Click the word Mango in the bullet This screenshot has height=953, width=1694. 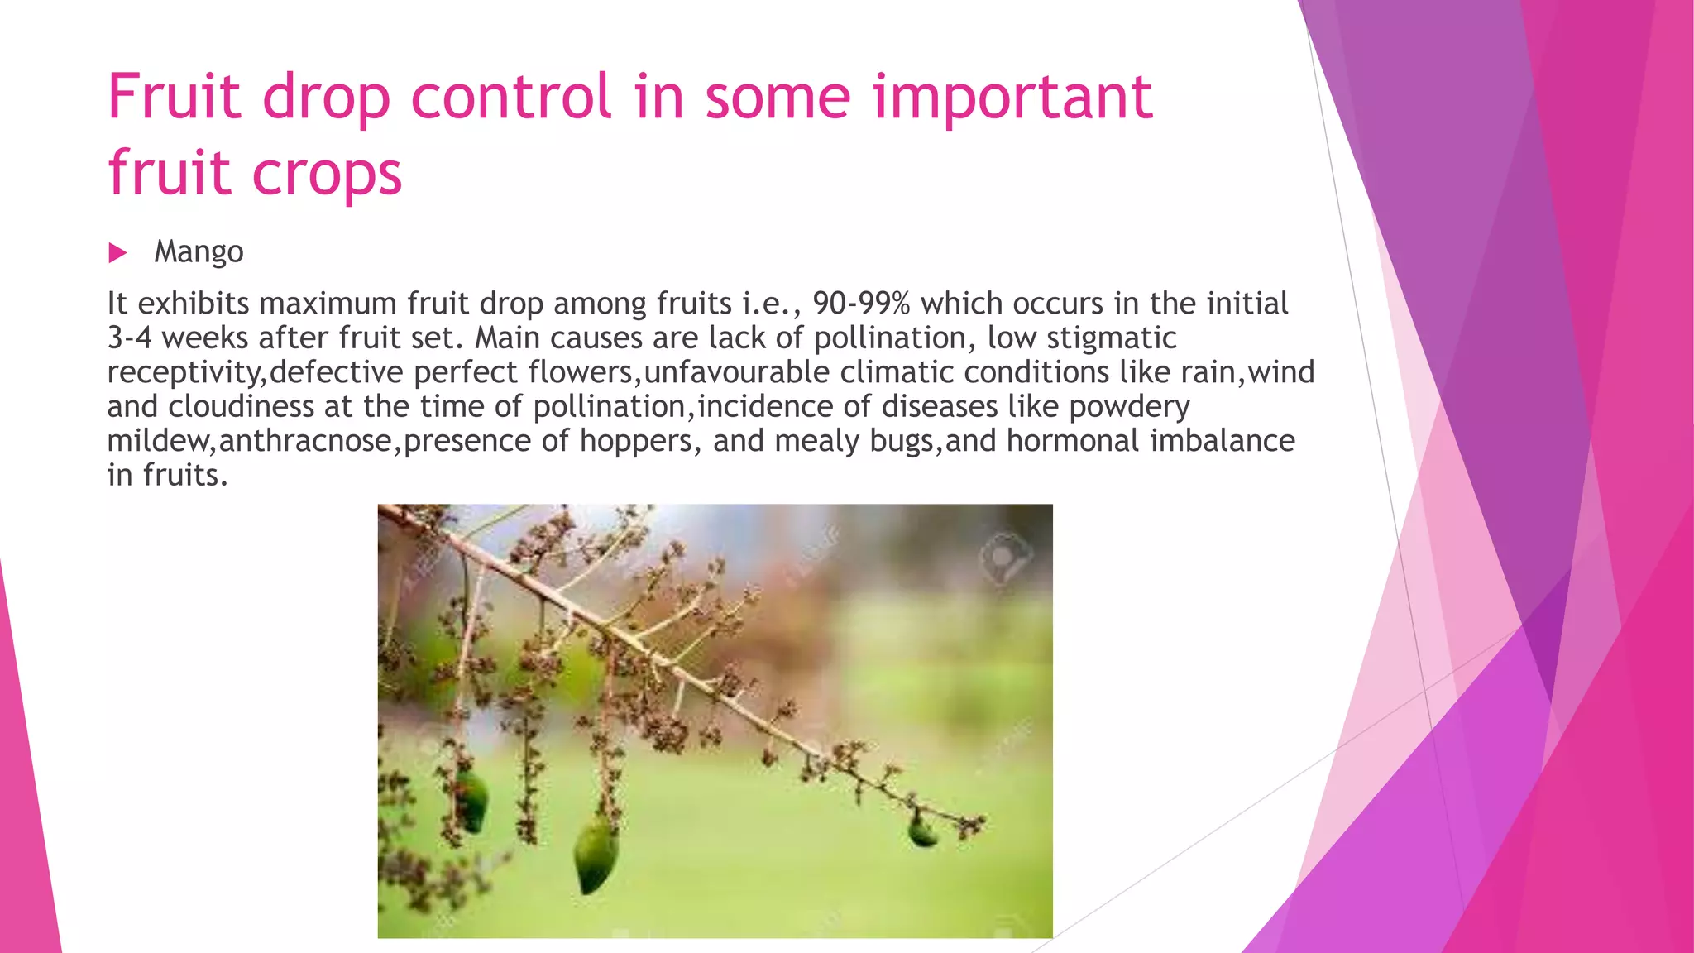[199, 251]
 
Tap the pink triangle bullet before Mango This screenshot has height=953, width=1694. [117, 252]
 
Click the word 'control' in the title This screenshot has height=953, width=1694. [510, 97]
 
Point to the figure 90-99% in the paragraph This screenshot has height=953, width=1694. [861, 304]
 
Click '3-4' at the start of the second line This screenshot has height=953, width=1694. [129, 338]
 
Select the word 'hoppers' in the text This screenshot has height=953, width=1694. [634, 441]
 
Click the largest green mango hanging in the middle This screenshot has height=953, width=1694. [595, 854]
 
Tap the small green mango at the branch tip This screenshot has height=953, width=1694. [921, 830]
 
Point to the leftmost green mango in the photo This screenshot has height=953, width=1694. [471, 801]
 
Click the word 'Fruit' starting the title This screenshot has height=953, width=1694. [175, 97]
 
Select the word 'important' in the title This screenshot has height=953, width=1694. [1012, 97]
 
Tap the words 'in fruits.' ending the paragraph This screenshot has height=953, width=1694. [167, 476]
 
